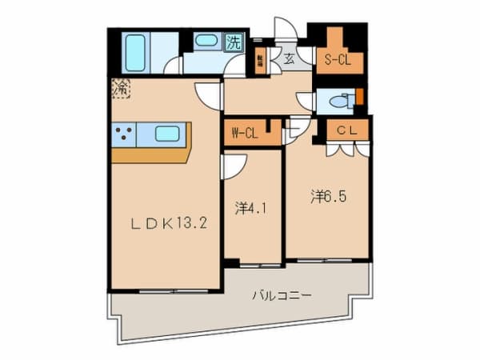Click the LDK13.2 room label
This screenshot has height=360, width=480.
pos(170,224)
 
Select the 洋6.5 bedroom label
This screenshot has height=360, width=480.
pos(329,195)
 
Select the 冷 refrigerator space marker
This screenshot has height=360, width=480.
pos(122,87)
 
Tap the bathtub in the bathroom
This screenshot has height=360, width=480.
pos(136,53)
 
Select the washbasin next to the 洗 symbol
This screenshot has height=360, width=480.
pos(206,40)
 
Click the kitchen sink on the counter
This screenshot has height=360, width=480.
pos(167,134)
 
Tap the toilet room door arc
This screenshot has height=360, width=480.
pos(306,101)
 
